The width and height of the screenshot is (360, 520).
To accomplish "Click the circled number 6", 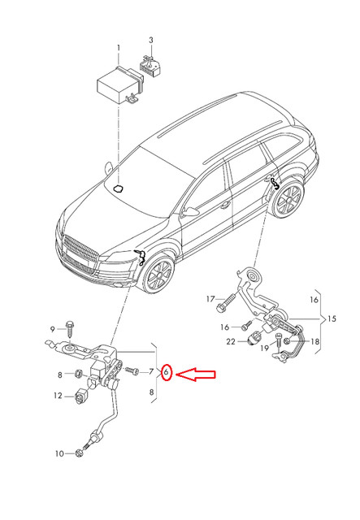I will tap(167, 373).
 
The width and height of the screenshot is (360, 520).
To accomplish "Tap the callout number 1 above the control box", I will tap(118, 48).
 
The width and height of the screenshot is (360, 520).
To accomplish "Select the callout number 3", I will tap(150, 40).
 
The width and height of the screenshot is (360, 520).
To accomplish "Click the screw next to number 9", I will tap(71, 329).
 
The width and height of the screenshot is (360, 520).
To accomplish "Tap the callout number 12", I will tap(58, 396).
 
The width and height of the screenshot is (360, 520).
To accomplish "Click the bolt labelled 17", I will tap(224, 306).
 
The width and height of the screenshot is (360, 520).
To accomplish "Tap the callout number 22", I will tap(231, 342).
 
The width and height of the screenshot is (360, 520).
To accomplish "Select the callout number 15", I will tap(331, 317).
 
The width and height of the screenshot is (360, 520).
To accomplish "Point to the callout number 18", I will tap(316, 341).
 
